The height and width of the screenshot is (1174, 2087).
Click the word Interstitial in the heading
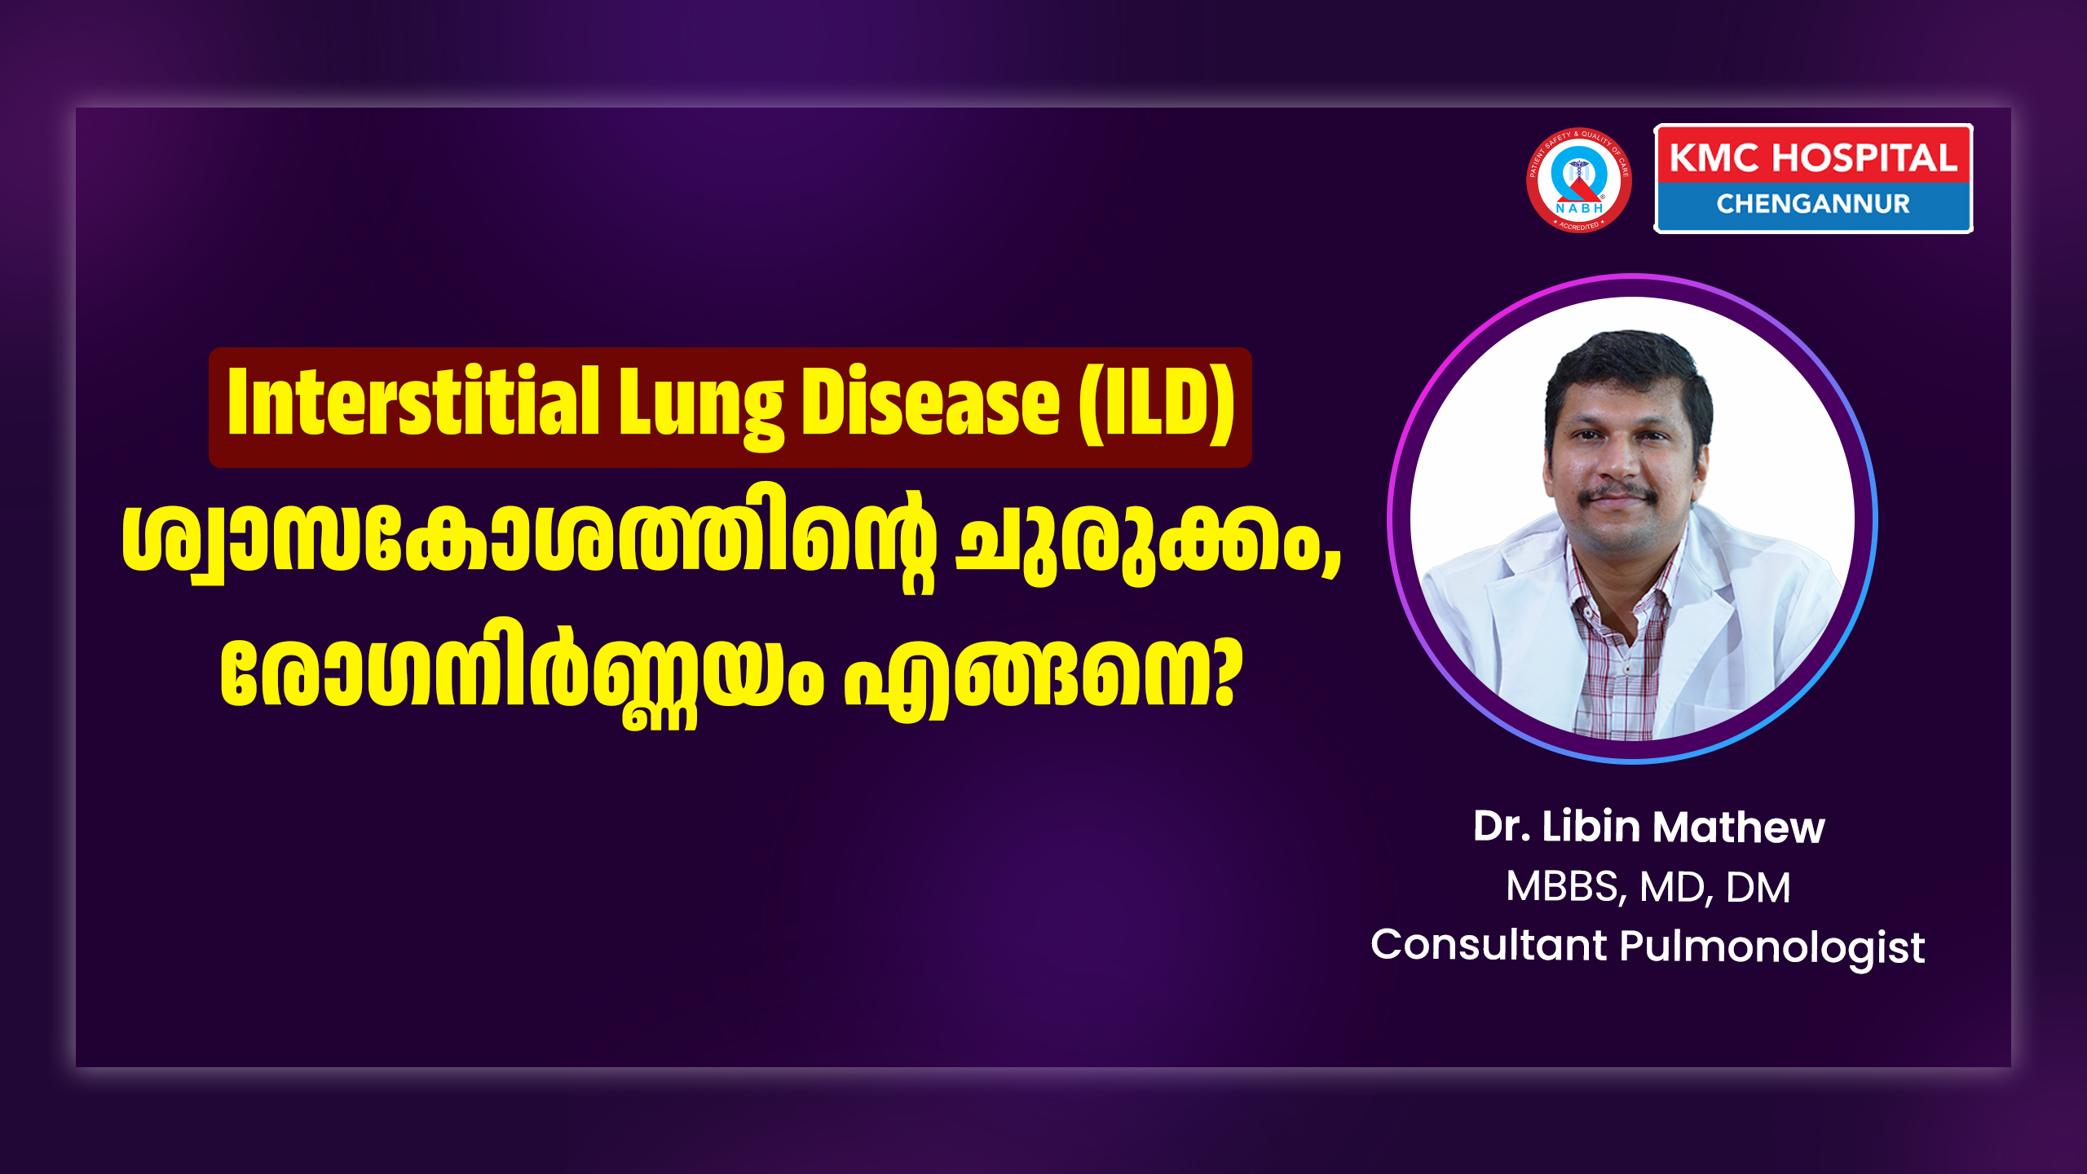413,401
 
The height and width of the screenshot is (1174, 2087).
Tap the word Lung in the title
700,408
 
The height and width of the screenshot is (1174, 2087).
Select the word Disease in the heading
930,401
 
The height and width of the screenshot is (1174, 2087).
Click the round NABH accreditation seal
1578,180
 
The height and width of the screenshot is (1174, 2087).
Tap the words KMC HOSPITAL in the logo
1813,157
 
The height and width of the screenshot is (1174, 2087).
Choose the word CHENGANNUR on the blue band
1813,204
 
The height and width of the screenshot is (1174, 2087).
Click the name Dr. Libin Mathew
1648,827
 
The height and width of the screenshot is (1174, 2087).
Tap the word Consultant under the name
1489,946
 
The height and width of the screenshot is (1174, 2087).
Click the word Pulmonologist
1772,948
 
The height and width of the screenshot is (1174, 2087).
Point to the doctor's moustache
1617,493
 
